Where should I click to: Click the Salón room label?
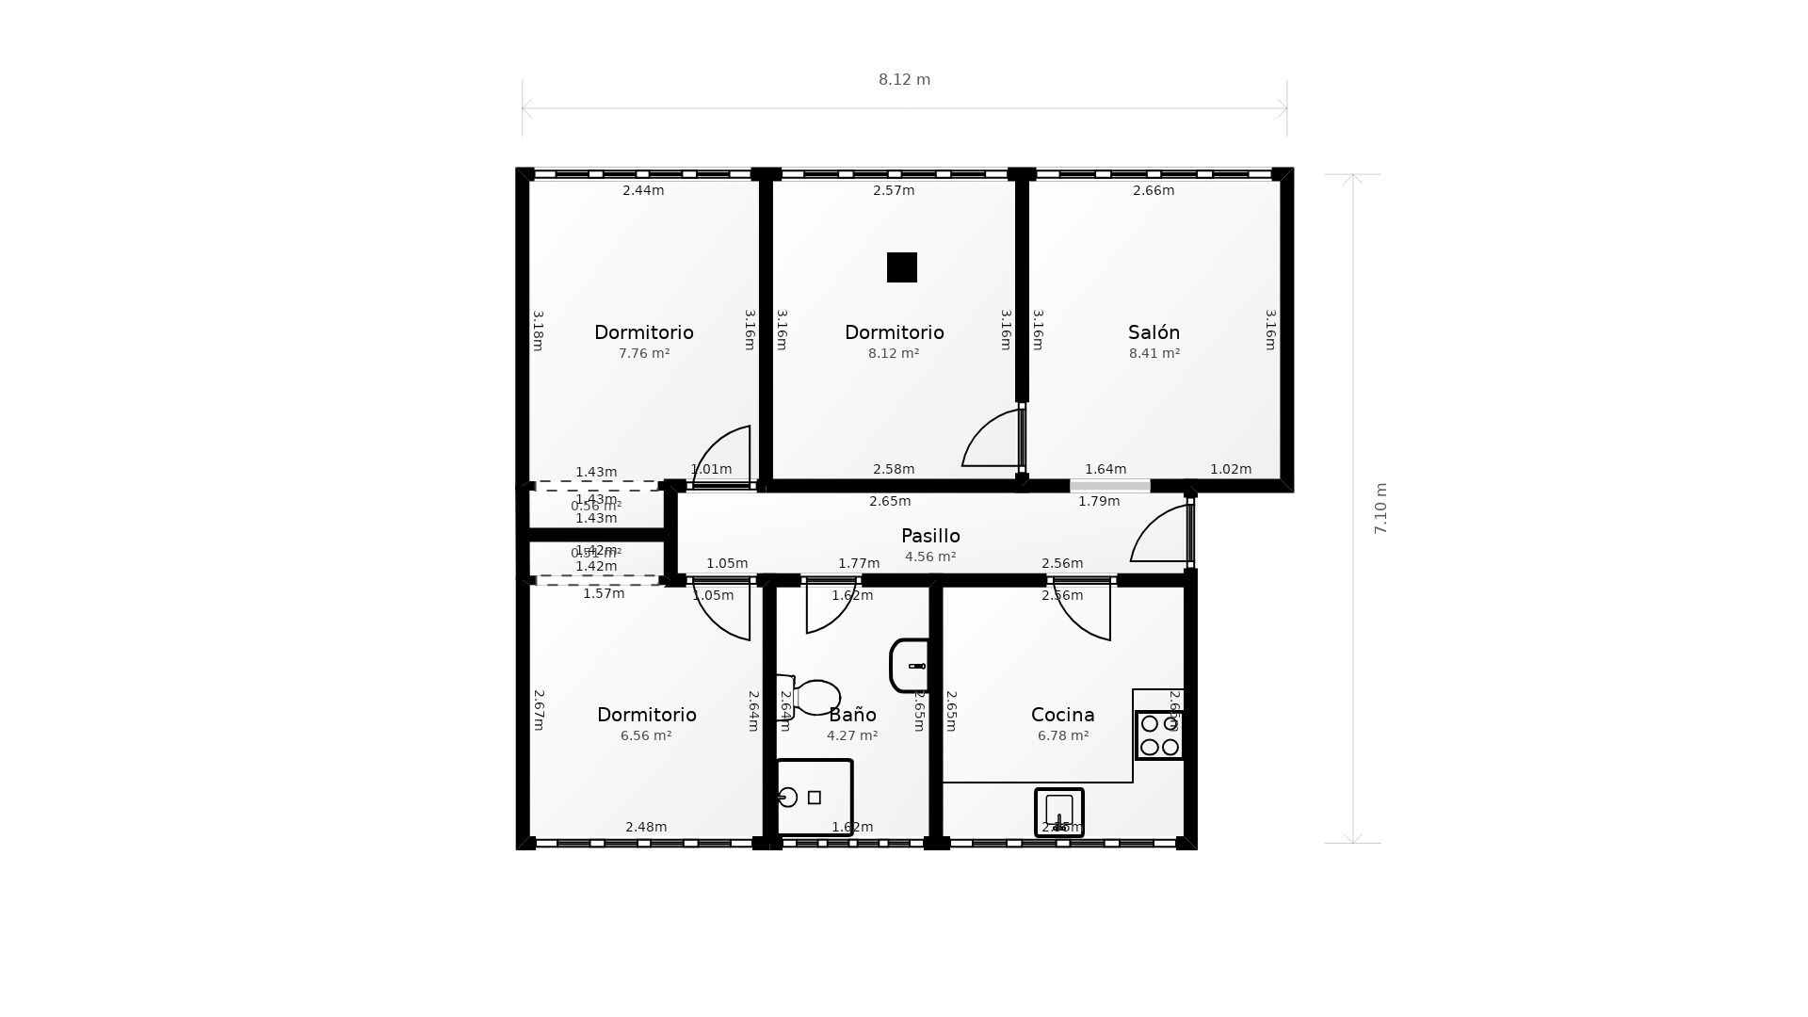(x=1154, y=332)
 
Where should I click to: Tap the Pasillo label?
(x=930, y=536)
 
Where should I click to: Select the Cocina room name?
(x=1062, y=715)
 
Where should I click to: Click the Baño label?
(x=852, y=715)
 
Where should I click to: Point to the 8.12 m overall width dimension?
(x=904, y=80)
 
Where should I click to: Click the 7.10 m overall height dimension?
(x=1380, y=508)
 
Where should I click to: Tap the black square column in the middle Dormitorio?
(x=902, y=267)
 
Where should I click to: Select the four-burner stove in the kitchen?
(x=1159, y=735)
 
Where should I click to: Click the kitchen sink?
(x=1059, y=812)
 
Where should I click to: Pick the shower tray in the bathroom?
(x=815, y=798)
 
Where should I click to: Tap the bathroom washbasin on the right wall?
(x=911, y=666)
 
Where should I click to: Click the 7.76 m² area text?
(x=644, y=354)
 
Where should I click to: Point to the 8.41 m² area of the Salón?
(x=1154, y=354)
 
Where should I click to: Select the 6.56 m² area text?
(x=646, y=736)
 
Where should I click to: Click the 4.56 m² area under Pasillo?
(x=930, y=557)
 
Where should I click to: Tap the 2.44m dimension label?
(x=643, y=190)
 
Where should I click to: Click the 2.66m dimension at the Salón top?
(x=1154, y=190)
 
